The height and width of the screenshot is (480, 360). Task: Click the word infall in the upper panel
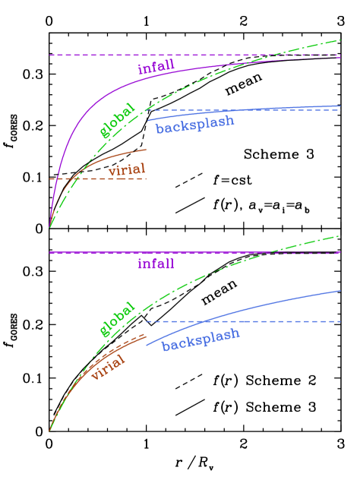156,68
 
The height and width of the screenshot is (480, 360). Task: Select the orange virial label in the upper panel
126,169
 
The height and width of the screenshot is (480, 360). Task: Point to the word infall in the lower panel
156,264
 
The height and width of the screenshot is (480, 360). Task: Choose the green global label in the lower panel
117,319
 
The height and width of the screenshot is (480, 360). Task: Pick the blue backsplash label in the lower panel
201,339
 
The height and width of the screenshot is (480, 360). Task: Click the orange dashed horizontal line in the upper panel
114,178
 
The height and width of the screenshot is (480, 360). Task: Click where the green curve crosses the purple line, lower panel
267,253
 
